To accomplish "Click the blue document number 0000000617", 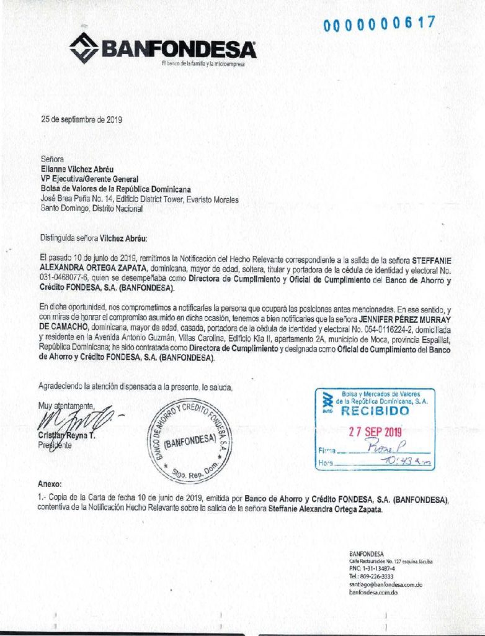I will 379,24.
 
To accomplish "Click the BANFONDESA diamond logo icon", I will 83,48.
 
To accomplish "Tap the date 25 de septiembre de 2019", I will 81,120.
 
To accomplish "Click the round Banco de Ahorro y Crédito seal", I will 190,438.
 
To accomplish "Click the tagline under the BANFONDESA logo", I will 203,64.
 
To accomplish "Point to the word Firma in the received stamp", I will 326,451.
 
